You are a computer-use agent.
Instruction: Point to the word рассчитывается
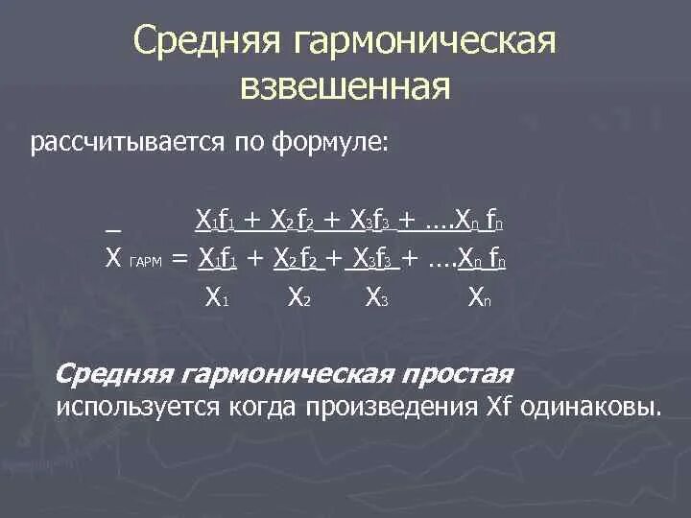coord(128,144)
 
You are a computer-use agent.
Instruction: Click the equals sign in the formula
coord(179,259)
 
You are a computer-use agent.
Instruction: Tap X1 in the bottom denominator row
coord(216,297)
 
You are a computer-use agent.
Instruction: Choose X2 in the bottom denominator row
coord(298,297)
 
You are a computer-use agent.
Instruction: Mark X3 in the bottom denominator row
coord(376,297)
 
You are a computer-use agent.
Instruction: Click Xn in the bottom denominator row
coord(480,297)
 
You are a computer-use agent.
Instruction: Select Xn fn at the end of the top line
coord(481,222)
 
